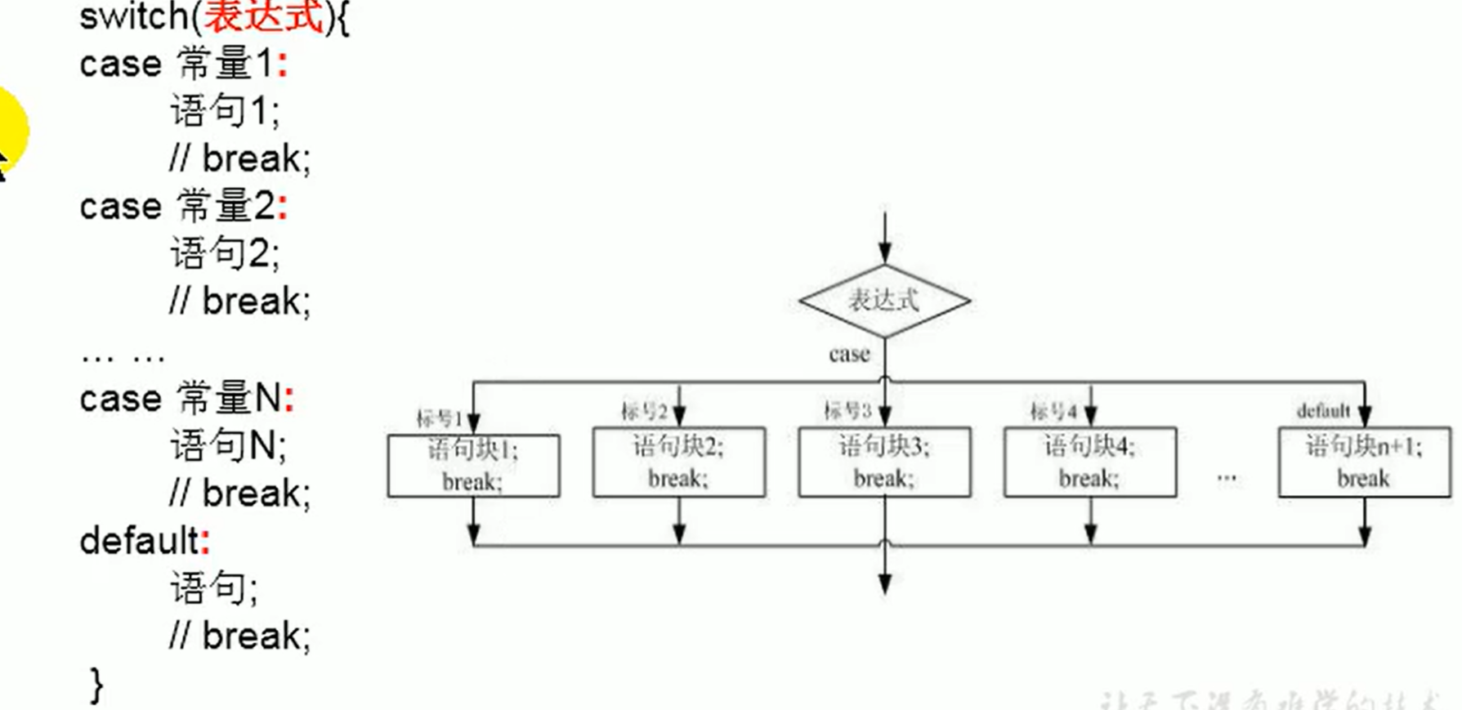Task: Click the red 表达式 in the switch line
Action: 263,16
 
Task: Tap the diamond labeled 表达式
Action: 884,301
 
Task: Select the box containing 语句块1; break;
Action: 473,466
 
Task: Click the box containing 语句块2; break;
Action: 679,462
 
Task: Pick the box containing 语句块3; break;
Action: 884,462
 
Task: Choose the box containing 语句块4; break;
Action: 1090,462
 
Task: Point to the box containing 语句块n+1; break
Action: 1364,462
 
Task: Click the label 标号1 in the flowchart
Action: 439,419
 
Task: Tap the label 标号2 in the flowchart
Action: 644,411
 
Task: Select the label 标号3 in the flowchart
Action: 847,410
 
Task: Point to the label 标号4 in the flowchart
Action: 1053,411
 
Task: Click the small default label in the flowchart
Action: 1323,411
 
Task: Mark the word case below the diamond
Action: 849,355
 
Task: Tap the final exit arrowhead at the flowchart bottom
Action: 884,583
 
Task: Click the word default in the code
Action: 139,541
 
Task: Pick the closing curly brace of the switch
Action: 96,685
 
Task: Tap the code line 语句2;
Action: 224,253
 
